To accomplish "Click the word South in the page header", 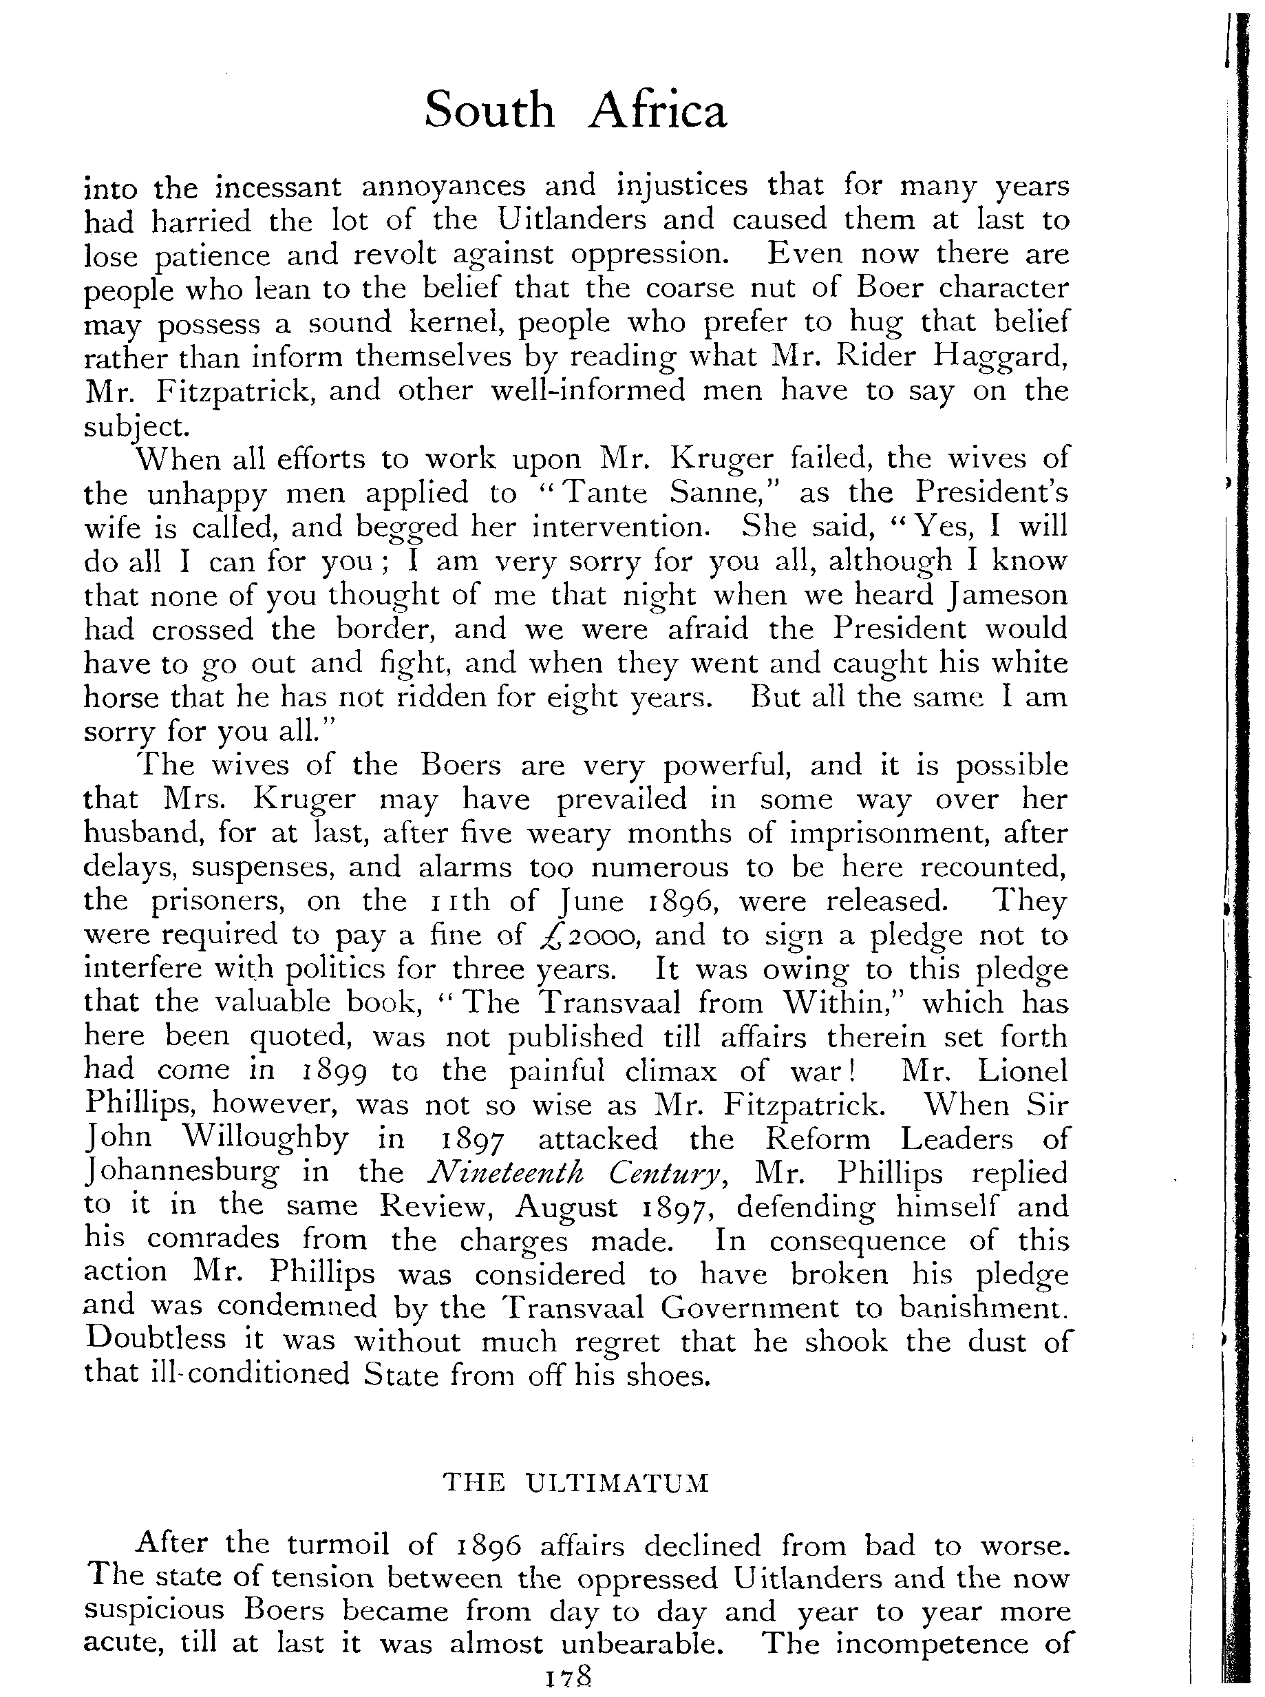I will [489, 110].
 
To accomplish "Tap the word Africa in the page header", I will [658, 110].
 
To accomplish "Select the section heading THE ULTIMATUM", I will [577, 1484].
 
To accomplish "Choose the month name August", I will [566, 1207].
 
